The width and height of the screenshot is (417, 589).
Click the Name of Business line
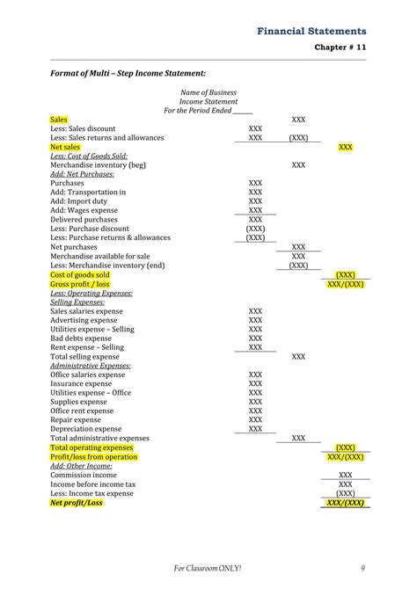[208, 92]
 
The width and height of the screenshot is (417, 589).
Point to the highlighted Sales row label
[59, 119]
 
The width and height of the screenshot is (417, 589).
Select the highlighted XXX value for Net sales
[346, 147]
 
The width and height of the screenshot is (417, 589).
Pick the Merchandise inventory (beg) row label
[98, 164]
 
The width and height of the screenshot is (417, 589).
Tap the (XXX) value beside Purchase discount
[255, 229]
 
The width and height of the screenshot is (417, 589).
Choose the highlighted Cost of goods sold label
[80, 274]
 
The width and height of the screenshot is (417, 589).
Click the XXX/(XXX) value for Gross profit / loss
[346, 284]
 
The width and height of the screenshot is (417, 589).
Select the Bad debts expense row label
[81, 338]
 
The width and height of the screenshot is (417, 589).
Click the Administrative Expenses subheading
[91, 365]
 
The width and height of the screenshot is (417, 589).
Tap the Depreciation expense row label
[87, 429]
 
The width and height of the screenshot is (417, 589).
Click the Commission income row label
[84, 475]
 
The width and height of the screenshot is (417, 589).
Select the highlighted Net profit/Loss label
[77, 503]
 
